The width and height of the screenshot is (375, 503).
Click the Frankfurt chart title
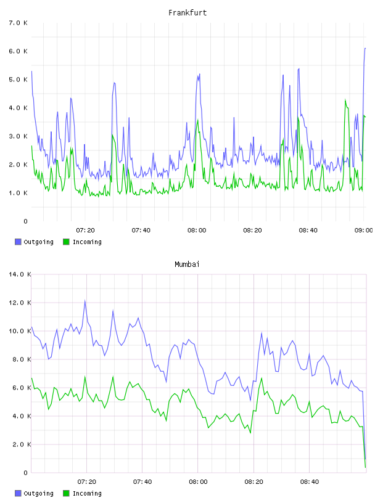[x=187, y=12]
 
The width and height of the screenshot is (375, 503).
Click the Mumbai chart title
[x=187, y=264]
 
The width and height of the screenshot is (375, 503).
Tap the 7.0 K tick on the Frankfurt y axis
[x=18, y=23]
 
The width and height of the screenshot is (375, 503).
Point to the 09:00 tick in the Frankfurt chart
[x=364, y=230]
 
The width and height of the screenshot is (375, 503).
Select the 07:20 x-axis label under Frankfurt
[x=85, y=230]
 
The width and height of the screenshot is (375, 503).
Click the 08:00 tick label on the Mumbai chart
[x=198, y=481]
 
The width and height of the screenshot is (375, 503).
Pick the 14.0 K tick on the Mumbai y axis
[x=20, y=274]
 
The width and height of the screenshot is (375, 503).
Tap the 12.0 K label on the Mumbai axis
[x=20, y=303]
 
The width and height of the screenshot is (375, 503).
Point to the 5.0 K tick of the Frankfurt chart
[x=18, y=80]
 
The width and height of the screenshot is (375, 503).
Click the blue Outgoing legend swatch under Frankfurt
[x=18, y=242]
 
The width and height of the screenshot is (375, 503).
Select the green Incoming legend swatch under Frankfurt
[x=66, y=242]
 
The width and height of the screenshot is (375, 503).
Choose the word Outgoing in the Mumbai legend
[x=38, y=493]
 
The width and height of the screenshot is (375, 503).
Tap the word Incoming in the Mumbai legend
[x=87, y=493]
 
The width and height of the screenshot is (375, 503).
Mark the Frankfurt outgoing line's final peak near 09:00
[x=365, y=48]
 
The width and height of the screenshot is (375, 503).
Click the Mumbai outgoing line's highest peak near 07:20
[x=84, y=300]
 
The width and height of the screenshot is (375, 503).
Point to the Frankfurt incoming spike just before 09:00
[x=345, y=99]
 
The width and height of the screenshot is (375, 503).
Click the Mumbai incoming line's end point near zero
[x=366, y=467]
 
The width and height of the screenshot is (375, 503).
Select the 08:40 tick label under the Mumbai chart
[x=310, y=481]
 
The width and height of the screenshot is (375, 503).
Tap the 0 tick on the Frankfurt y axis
[x=26, y=221]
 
